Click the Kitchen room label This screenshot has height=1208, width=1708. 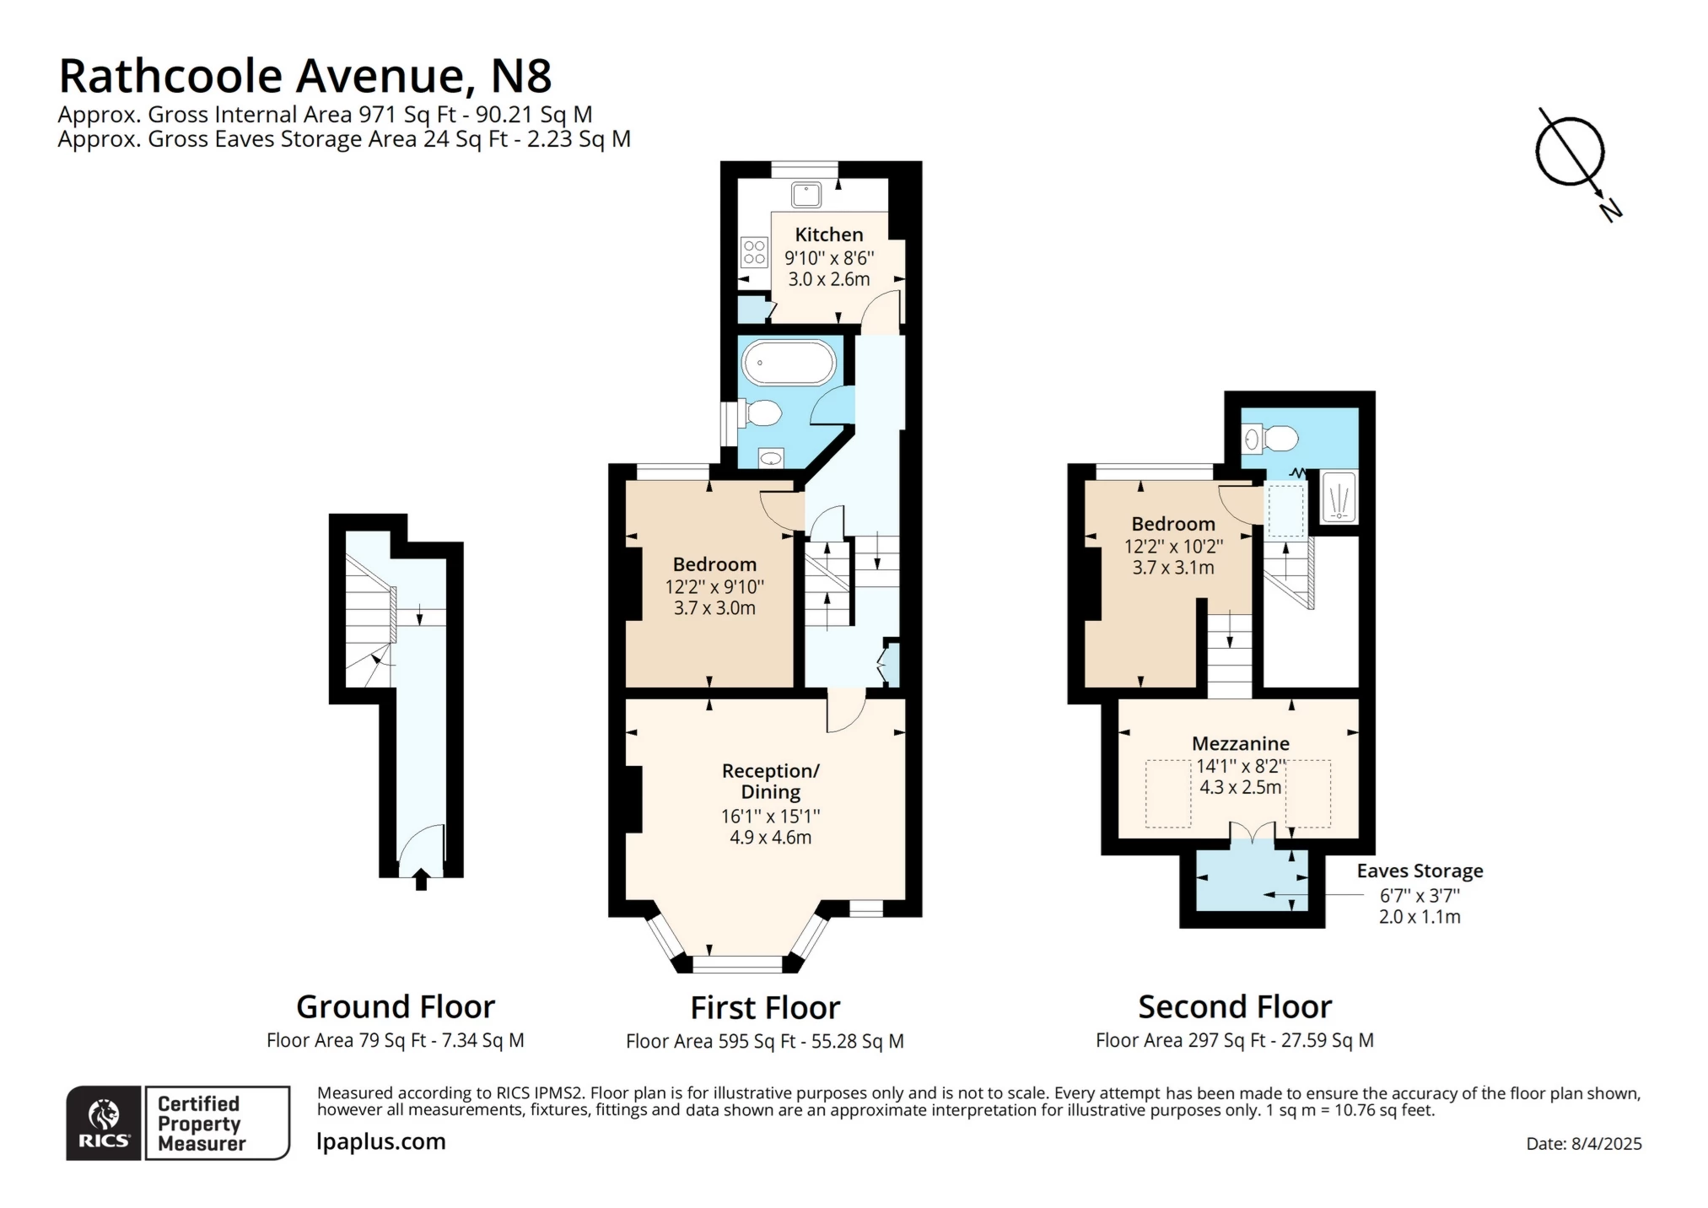828,235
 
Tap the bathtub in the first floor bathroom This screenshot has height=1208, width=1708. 788,364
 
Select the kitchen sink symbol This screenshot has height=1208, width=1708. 806,195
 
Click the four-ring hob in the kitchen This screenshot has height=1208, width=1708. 753,252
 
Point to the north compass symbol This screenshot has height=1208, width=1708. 1570,153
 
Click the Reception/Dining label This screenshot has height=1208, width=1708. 770,781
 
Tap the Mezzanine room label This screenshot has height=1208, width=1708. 1240,743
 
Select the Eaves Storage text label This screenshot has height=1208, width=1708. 1419,871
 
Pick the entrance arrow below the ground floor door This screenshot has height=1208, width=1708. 421,882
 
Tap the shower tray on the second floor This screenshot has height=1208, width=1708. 1338,497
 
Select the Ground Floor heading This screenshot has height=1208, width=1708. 395,1006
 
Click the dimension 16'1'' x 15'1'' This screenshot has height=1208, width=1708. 770,816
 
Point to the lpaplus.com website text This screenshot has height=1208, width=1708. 380,1141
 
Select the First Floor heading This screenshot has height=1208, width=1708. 765,1007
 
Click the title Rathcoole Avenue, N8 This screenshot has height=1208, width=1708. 305,76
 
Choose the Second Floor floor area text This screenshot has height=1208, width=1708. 1234,1040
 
